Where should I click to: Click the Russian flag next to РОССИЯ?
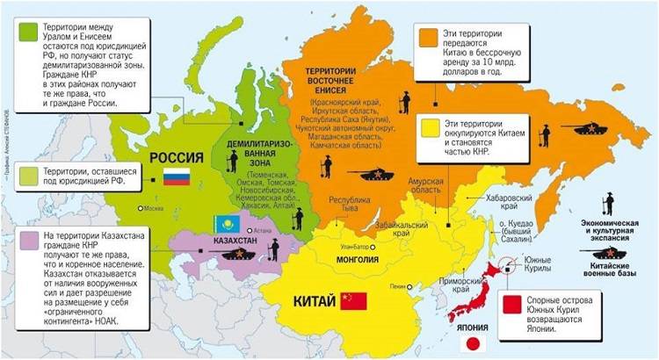click(x=176, y=176)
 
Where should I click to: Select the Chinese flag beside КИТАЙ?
click(x=353, y=301)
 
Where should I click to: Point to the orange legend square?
click(x=428, y=38)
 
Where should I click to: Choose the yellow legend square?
click(x=428, y=129)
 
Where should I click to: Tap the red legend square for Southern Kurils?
click(x=507, y=306)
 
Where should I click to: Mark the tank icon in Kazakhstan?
click(x=239, y=253)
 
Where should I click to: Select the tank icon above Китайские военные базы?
click(x=607, y=254)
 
